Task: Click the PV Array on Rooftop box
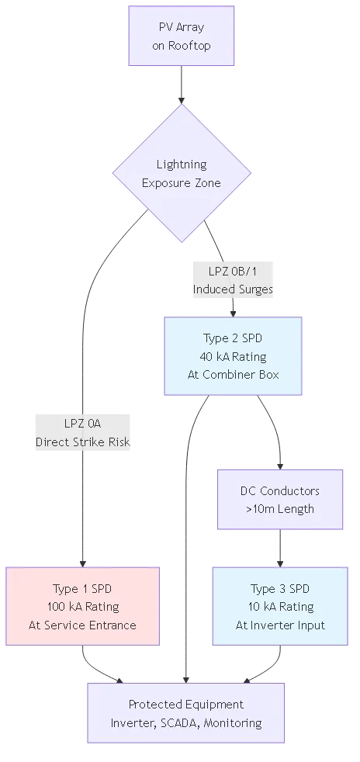point(182,36)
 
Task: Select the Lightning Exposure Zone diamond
point(182,174)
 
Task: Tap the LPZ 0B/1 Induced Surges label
point(233,280)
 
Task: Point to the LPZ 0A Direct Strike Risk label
point(82,433)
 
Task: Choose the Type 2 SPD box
point(233,357)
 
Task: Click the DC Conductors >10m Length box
point(279,500)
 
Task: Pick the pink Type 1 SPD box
point(83,606)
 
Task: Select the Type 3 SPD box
point(279,606)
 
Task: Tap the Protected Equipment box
point(185,713)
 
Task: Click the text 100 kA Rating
point(83,607)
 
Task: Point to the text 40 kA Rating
point(233,357)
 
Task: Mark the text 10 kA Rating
point(279,607)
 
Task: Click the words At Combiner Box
point(233,375)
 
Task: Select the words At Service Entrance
point(83,625)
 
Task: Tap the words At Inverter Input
point(279,625)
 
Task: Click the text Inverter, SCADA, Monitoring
point(185,722)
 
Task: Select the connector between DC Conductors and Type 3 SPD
point(279,549)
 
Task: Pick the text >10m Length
point(279,509)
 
